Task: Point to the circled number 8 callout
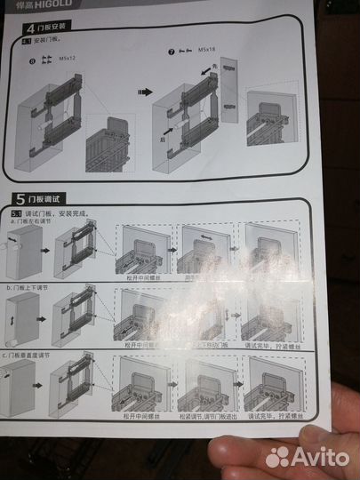[x=34, y=60]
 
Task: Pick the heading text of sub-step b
[x=35, y=289]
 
